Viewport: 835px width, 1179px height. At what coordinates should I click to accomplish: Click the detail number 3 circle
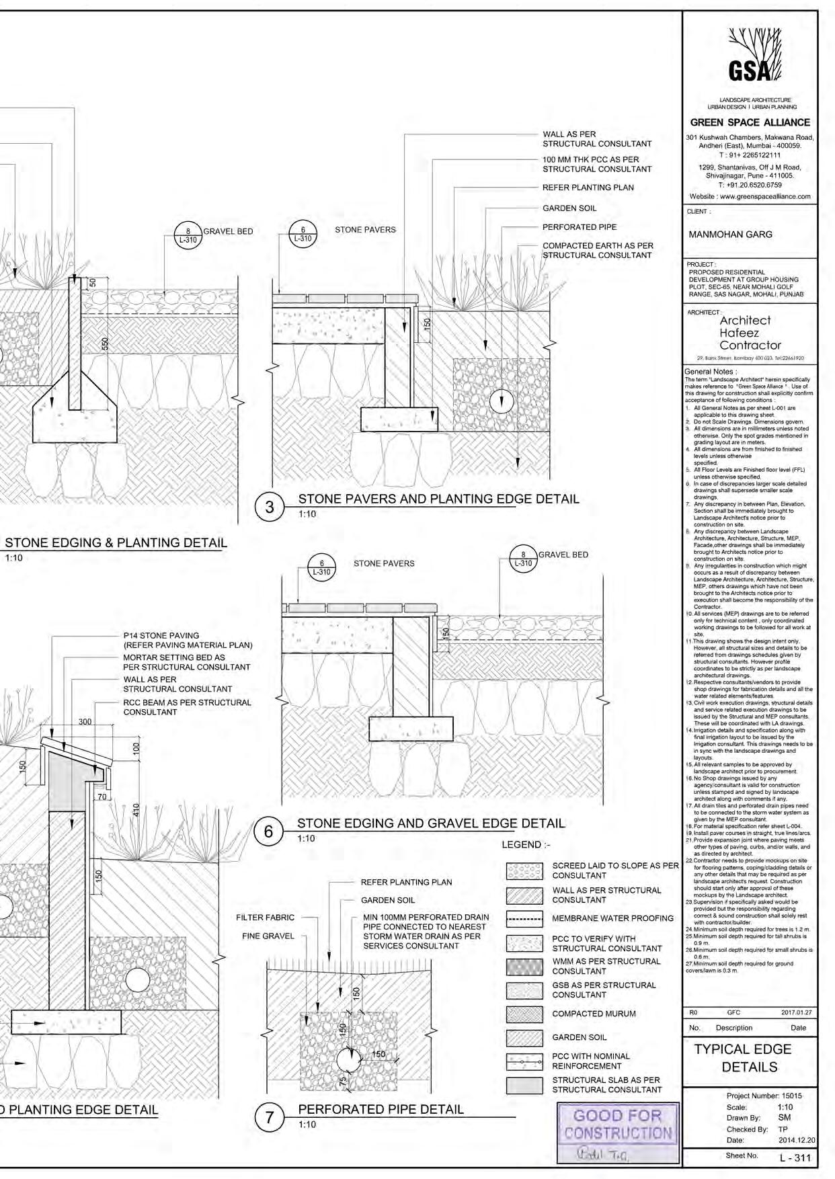[270, 507]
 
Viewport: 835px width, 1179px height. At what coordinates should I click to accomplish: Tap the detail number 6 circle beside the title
[268, 832]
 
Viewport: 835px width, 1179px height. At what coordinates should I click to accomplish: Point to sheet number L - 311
[795, 1157]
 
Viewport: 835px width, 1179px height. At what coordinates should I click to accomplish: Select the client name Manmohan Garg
[731, 235]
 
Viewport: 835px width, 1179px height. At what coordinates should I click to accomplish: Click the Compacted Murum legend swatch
[524, 1014]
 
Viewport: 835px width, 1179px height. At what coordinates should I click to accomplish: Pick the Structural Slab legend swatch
[524, 1085]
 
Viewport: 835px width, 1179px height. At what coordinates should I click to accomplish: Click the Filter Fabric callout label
[265, 918]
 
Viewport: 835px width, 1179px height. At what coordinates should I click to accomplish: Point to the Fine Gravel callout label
[268, 936]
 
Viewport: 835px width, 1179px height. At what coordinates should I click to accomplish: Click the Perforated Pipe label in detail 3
[579, 227]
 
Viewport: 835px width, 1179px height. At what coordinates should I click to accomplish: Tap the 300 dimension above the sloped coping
[85, 722]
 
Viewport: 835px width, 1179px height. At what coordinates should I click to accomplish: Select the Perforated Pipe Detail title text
[381, 1109]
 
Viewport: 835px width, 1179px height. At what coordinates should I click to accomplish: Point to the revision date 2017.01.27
[796, 1012]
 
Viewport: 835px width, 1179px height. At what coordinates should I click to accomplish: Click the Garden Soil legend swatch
[524, 1038]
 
